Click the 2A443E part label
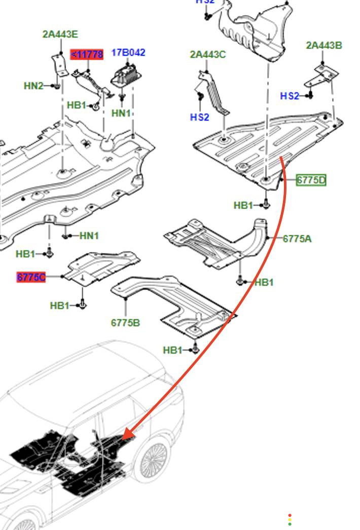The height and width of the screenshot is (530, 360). coord(60,34)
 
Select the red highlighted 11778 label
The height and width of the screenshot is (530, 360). coord(87,54)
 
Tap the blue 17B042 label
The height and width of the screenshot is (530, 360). coord(128,53)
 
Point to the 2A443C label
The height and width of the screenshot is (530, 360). coord(208,55)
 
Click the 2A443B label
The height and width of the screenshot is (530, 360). coord(323,46)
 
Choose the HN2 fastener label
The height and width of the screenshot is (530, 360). coord(33,86)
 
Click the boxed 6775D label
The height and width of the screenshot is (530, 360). coord(311,180)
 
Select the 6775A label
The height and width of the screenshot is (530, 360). coord(297,238)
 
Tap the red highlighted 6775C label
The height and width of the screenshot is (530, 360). coord(31,277)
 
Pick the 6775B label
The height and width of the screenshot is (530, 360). coord(125,322)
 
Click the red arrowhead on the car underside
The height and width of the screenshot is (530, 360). coord(127,434)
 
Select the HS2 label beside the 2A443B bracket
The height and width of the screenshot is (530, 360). coord(290,96)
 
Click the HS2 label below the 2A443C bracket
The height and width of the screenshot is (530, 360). coord(199,118)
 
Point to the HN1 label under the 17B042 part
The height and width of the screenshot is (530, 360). coord(121,113)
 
